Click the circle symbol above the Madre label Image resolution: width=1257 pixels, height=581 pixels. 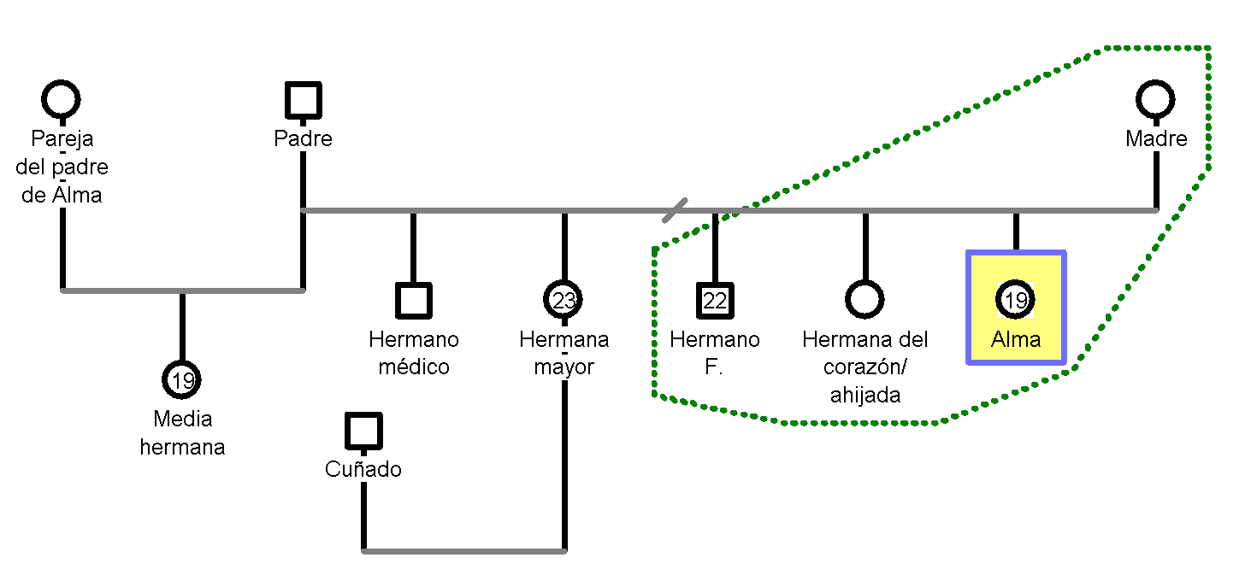click(1155, 100)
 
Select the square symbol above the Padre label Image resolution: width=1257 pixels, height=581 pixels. click(304, 100)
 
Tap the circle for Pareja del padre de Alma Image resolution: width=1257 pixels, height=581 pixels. click(61, 100)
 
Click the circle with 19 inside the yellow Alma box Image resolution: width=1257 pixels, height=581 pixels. click(1015, 300)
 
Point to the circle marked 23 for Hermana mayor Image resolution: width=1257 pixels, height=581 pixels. click(564, 300)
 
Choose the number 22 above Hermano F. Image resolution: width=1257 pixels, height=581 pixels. click(715, 300)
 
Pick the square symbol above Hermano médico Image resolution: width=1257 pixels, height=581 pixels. click(414, 301)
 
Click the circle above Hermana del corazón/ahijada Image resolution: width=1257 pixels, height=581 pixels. click(865, 300)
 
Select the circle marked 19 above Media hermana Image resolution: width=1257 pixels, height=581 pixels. click(182, 380)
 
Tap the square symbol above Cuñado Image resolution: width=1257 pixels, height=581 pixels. click(363, 431)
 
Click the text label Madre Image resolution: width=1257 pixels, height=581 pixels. click(1156, 138)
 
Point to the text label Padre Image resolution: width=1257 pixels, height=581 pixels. click(304, 138)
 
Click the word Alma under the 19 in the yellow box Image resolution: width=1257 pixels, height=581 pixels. click(1016, 339)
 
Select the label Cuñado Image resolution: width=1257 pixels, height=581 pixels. click(363, 469)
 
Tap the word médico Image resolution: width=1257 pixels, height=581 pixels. click(414, 367)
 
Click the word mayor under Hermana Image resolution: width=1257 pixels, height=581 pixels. click(564, 367)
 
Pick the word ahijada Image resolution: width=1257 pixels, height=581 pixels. click(865, 396)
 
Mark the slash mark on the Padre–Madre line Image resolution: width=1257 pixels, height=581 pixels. click(675, 210)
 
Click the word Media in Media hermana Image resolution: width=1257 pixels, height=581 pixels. click(182, 419)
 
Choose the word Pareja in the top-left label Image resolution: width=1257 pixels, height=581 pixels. click(62, 138)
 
